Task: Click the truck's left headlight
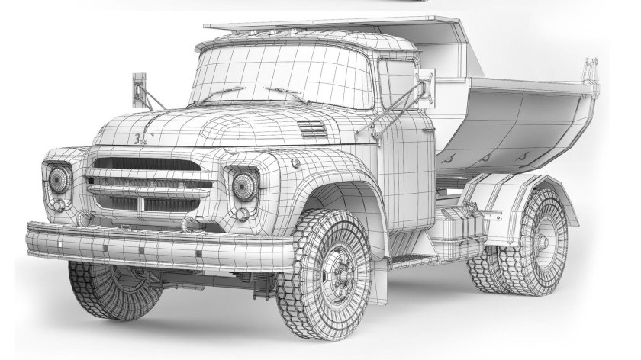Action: pos(59,179)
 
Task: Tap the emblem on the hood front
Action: pos(139,139)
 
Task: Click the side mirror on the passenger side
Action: pos(139,89)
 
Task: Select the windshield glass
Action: pos(282,72)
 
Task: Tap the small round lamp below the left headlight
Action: pos(59,205)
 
